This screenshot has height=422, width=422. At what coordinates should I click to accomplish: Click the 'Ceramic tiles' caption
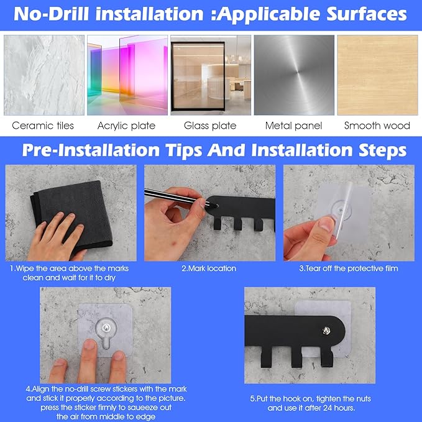coord(43,126)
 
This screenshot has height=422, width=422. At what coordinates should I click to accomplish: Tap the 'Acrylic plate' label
coord(126,126)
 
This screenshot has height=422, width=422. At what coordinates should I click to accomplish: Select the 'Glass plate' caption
coord(210,126)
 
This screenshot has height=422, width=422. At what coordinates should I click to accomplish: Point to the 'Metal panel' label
coord(293,126)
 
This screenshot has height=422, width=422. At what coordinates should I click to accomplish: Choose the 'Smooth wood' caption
coord(377,126)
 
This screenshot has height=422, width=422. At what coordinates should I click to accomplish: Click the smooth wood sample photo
coord(377,75)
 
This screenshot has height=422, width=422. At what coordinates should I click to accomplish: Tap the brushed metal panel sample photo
coord(294,75)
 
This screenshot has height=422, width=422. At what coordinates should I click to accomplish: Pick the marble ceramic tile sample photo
coord(44,75)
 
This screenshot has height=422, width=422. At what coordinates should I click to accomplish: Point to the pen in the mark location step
coord(181,198)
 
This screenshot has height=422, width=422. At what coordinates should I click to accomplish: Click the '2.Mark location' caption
coord(209,268)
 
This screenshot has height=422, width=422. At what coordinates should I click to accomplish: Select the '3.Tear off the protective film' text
coord(349,268)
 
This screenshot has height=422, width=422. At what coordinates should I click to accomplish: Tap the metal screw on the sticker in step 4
coord(106,328)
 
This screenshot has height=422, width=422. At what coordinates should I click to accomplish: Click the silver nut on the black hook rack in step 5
coord(327,330)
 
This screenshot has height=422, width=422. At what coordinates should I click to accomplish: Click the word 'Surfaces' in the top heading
coord(367,14)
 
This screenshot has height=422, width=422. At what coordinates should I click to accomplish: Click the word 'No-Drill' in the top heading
coord(52,14)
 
